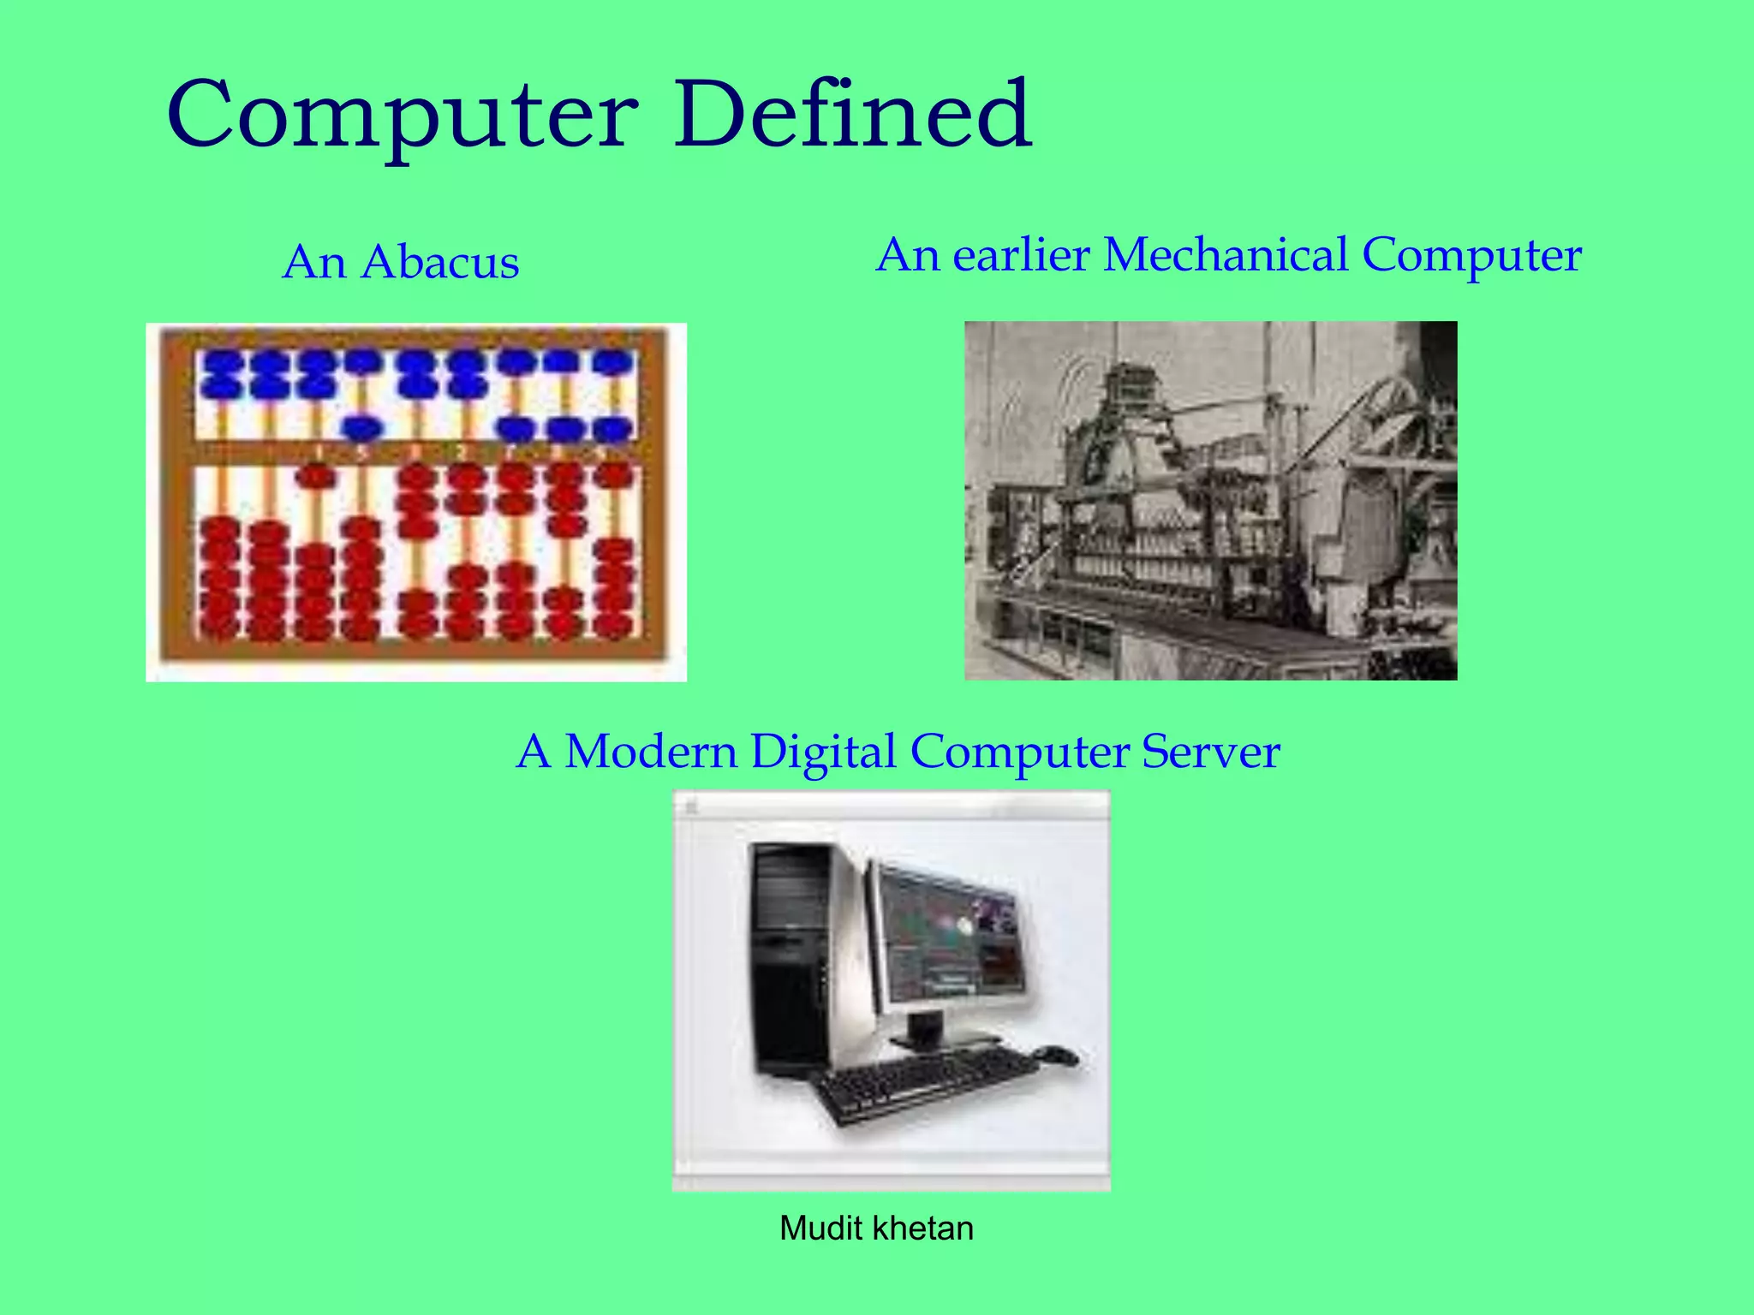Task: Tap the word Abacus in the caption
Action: (x=440, y=262)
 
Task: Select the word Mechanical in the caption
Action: (x=1226, y=255)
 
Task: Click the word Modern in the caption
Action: (x=650, y=752)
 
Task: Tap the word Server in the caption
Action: (x=1210, y=752)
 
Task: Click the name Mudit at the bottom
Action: (x=820, y=1229)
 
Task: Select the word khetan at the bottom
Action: (x=925, y=1229)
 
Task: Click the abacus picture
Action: (x=416, y=503)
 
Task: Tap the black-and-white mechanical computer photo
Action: (x=1210, y=501)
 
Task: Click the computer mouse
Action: (x=1057, y=1055)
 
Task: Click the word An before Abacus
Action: (x=314, y=262)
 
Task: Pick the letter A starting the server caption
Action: (x=534, y=752)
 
